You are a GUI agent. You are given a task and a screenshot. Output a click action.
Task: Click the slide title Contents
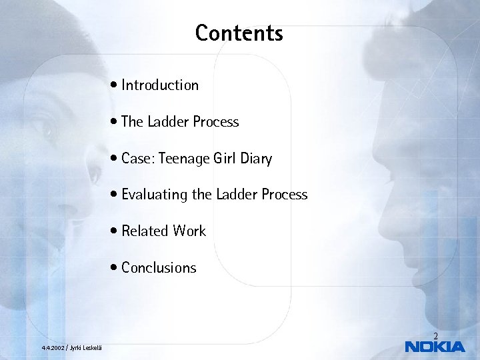(239, 33)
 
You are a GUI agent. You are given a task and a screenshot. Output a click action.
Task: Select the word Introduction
(160, 85)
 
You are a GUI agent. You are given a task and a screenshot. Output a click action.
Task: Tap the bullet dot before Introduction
(117, 86)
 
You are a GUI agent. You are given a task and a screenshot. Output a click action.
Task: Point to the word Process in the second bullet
(215, 122)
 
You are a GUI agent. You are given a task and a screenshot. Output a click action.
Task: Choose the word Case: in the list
(138, 159)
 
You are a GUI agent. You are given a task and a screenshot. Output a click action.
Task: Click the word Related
(145, 231)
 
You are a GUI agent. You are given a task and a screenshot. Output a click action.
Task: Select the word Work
(190, 231)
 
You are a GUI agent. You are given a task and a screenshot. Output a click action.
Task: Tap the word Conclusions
(159, 268)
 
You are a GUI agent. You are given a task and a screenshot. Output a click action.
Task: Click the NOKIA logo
(435, 347)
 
